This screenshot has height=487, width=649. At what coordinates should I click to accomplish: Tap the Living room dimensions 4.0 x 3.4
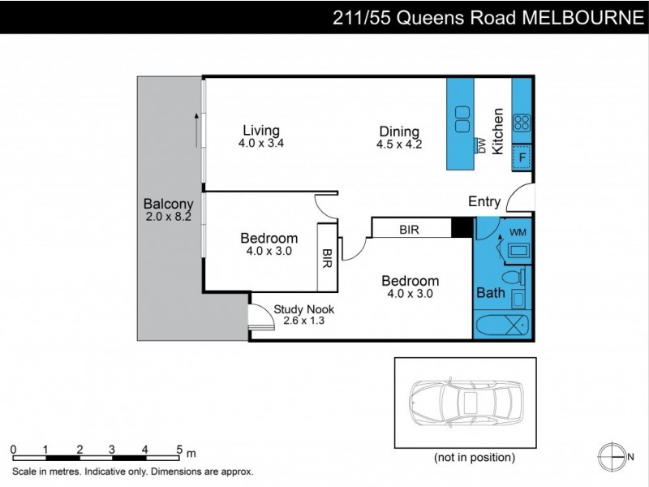coord(260,144)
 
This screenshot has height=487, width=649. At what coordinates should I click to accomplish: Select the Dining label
coord(399,131)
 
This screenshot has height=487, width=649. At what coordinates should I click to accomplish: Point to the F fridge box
coord(522,157)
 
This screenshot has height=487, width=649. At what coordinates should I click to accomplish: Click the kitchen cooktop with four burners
coord(522,123)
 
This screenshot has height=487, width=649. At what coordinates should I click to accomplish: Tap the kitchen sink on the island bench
coord(463,120)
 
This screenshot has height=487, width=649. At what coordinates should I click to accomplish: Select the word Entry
coord(485,202)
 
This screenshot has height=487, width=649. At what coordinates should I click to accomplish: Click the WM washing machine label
coord(518,233)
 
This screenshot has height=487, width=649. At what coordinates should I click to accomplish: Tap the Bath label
coord(491,293)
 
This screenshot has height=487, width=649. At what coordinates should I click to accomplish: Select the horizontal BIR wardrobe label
coord(409,230)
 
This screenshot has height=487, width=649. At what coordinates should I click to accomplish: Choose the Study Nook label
coord(303,309)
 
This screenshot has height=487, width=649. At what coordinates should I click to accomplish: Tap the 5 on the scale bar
coord(178,449)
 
